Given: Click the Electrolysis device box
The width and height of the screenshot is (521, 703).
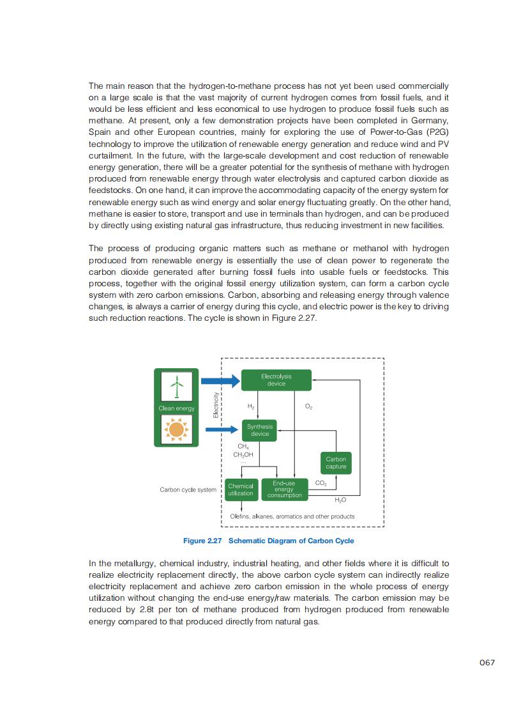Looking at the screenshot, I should (276, 380).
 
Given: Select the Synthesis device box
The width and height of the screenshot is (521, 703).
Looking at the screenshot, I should (260, 430).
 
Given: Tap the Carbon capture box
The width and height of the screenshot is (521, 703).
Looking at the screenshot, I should (336, 463).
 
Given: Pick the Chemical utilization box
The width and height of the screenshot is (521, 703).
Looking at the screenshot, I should (241, 490).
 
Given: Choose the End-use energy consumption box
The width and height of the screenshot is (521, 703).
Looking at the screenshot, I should (284, 490).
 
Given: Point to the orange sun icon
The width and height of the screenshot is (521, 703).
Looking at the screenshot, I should (176, 429).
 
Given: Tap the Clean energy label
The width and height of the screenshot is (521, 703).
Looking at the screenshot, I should (176, 408).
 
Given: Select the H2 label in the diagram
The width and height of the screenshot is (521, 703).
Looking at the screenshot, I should (251, 406).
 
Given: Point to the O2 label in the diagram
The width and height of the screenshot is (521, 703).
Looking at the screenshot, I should (308, 406).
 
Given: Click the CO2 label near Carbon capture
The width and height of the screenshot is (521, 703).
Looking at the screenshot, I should (321, 483).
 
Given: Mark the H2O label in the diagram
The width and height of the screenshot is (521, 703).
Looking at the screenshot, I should (340, 500).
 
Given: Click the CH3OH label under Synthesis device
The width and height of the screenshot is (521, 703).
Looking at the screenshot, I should (243, 454).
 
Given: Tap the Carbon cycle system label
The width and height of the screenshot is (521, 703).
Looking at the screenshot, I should (188, 490).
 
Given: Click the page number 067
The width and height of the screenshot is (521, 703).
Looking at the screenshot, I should (487, 663).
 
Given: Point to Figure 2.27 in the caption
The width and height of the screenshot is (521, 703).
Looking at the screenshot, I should (202, 541).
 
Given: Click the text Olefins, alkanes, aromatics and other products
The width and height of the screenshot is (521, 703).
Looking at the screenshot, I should (292, 516).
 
